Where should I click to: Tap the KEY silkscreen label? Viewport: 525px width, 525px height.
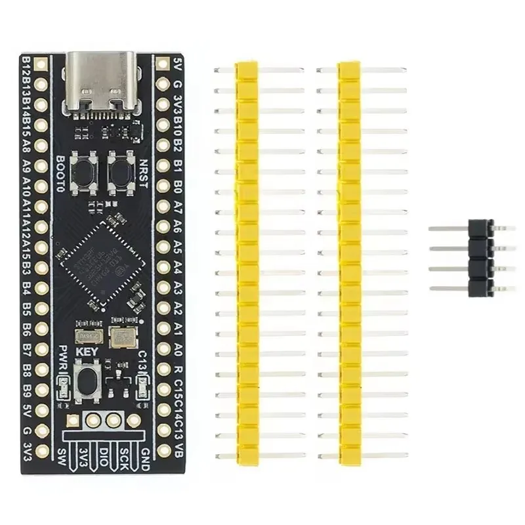pyautogui.click(x=87, y=352)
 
